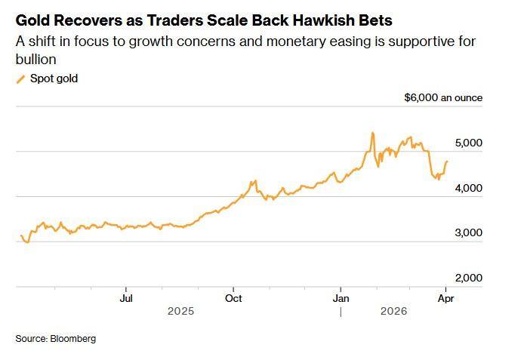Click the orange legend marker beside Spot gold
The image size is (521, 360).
pyautogui.click(x=20, y=78)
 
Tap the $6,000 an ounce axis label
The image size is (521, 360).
pyautogui.click(x=443, y=97)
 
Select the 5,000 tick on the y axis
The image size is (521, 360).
pyautogui.click(x=468, y=143)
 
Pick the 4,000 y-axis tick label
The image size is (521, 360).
pyautogui.click(x=468, y=188)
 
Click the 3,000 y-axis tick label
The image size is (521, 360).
pyautogui.click(x=468, y=233)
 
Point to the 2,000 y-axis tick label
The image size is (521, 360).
pyautogui.click(x=468, y=278)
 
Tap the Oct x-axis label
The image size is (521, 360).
pyautogui.click(x=233, y=298)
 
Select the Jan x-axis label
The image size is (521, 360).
pyautogui.click(x=341, y=298)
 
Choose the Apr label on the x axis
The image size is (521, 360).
pyautogui.click(x=446, y=298)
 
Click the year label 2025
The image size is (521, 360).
pyautogui.click(x=180, y=311)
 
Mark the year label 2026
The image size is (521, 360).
pyautogui.click(x=393, y=311)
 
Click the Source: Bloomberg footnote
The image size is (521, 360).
pyautogui.click(x=56, y=339)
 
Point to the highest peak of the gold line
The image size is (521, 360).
pyautogui.click(x=372, y=134)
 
